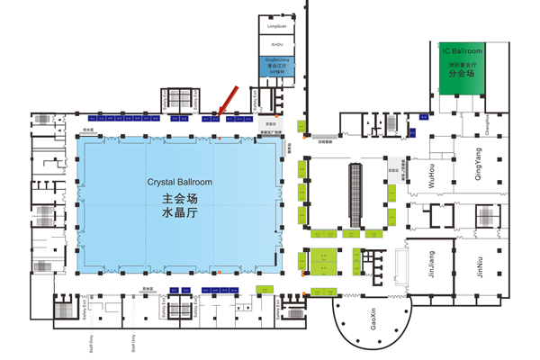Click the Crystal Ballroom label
181,182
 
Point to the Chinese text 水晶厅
180,216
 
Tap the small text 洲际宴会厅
462,66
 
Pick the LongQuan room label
277,28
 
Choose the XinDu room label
277,42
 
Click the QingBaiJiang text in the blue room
277,58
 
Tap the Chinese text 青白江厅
277,66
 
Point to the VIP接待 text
277,73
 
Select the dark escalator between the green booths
355,193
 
